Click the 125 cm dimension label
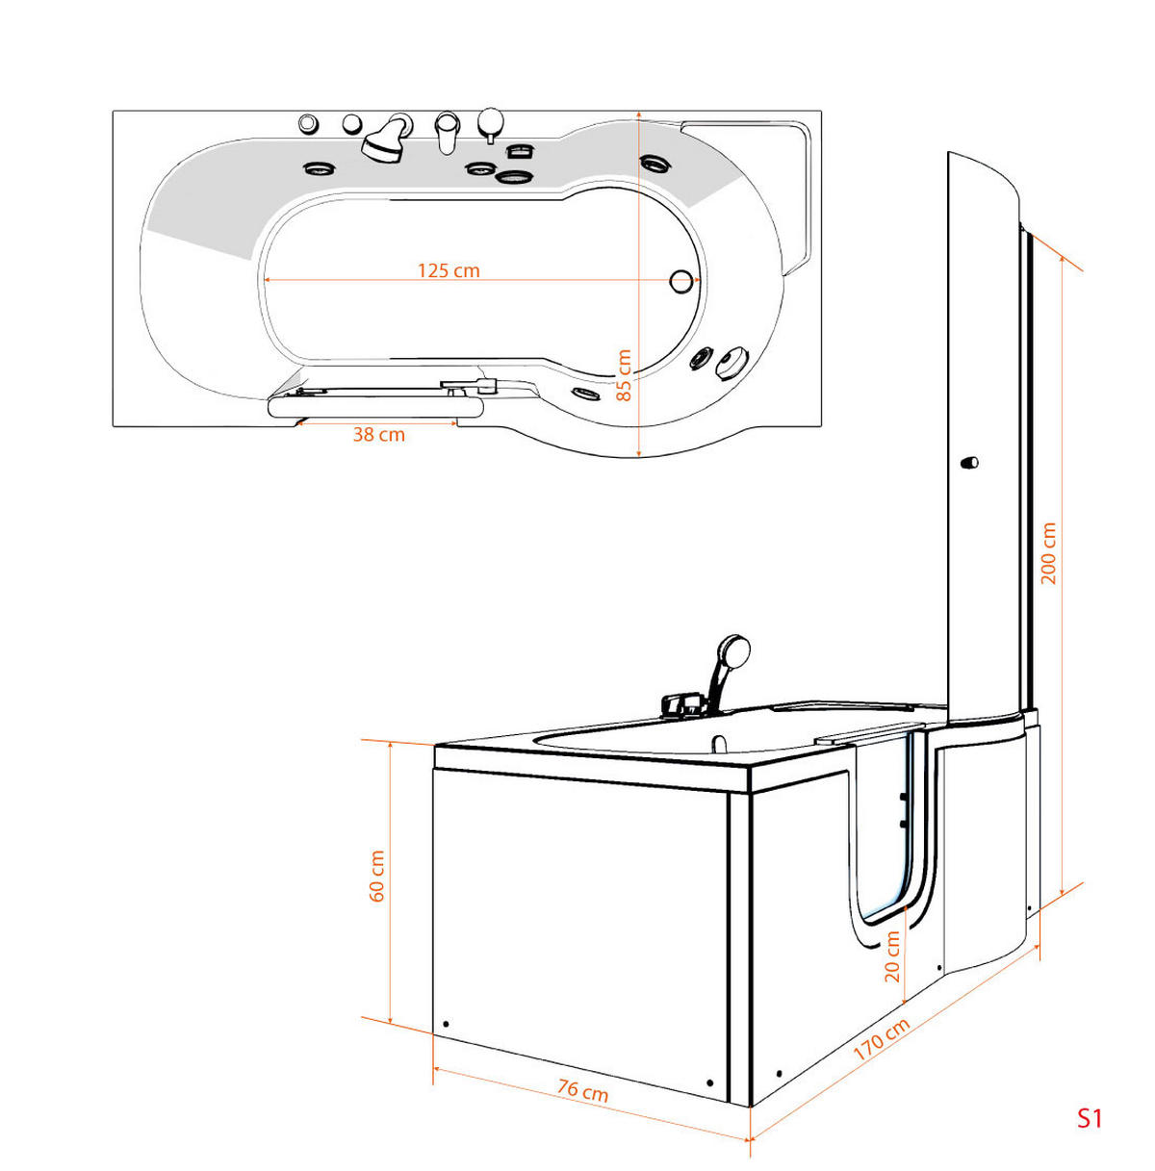click(448, 270)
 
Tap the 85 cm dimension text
click(624, 375)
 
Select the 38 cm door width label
click(378, 435)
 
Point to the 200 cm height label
click(1049, 552)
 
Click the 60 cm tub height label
click(377, 877)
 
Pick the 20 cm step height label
click(892, 956)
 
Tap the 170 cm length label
click(881, 1039)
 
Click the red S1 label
click(1089, 1118)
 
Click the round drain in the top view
click(681, 281)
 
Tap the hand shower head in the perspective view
click(733, 650)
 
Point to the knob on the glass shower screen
click(968, 463)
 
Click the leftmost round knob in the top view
click(308, 123)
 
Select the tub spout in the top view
click(446, 131)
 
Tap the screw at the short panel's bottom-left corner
click(446, 1024)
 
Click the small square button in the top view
click(520, 150)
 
